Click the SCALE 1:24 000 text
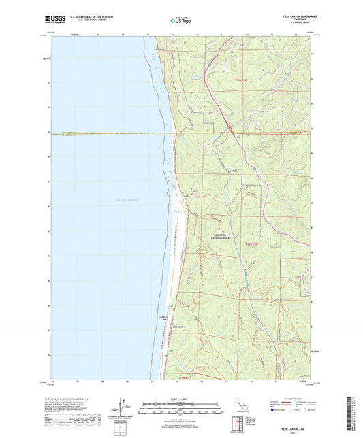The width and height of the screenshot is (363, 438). (x=181, y=399)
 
